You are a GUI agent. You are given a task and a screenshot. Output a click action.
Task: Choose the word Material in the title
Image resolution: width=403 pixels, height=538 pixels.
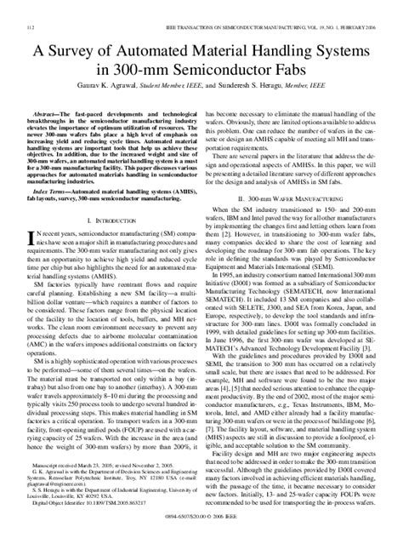[219, 52]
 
